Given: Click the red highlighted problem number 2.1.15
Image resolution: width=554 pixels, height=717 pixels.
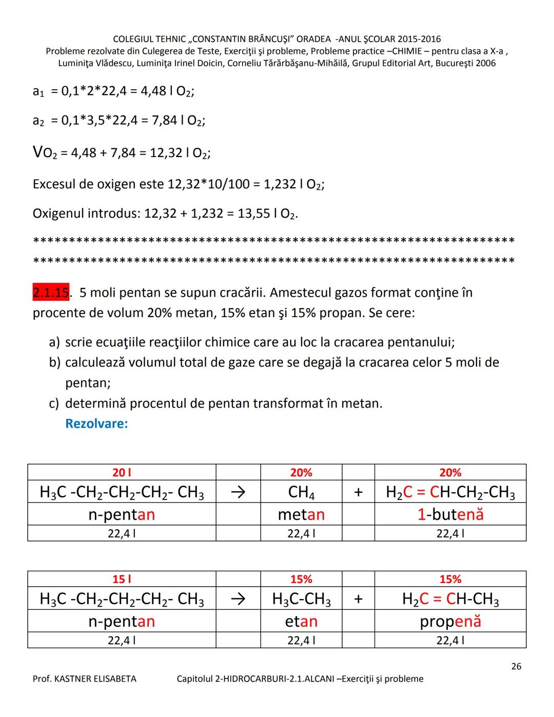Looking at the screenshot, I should click(x=51, y=293).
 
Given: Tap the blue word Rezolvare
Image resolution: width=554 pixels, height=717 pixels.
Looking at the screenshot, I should click(x=96, y=424).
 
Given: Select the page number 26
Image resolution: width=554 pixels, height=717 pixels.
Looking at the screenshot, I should click(x=516, y=666).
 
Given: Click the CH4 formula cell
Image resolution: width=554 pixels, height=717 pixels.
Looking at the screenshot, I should click(x=301, y=492).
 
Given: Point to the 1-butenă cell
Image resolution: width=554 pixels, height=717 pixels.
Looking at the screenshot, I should click(x=450, y=514).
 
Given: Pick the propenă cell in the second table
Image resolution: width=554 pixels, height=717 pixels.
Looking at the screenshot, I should click(x=450, y=621).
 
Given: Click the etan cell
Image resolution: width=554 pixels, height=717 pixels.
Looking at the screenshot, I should click(x=301, y=621).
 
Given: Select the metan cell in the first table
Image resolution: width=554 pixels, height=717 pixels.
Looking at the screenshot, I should click(x=301, y=514).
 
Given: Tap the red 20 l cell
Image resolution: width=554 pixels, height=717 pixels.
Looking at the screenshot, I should click(x=122, y=472).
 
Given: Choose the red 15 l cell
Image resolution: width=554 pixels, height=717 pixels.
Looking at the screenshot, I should click(x=122, y=579).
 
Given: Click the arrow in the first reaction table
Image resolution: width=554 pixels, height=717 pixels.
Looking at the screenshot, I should click(x=238, y=492).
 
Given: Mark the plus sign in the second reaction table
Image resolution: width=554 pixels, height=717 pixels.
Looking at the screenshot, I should click(x=358, y=599).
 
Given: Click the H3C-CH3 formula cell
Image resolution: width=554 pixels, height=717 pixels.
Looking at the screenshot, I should click(x=301, y=599).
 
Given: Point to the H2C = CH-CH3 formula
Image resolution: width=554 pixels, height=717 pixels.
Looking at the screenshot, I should click(x=450, y=599).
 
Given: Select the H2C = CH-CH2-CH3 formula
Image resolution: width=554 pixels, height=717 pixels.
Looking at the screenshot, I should click(x=450, y=492).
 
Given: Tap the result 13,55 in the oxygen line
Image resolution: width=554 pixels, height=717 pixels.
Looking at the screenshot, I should click(x=253, y=214).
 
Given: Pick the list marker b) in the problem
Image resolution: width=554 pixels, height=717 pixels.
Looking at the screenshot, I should click(x=54, y=363).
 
